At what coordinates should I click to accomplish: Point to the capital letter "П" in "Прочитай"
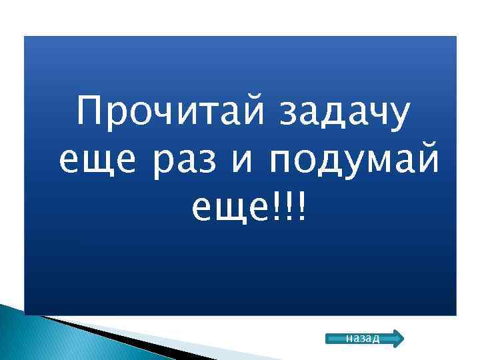click(x=91, y=111)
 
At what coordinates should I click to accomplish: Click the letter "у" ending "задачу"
click(x=399, y=117)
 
